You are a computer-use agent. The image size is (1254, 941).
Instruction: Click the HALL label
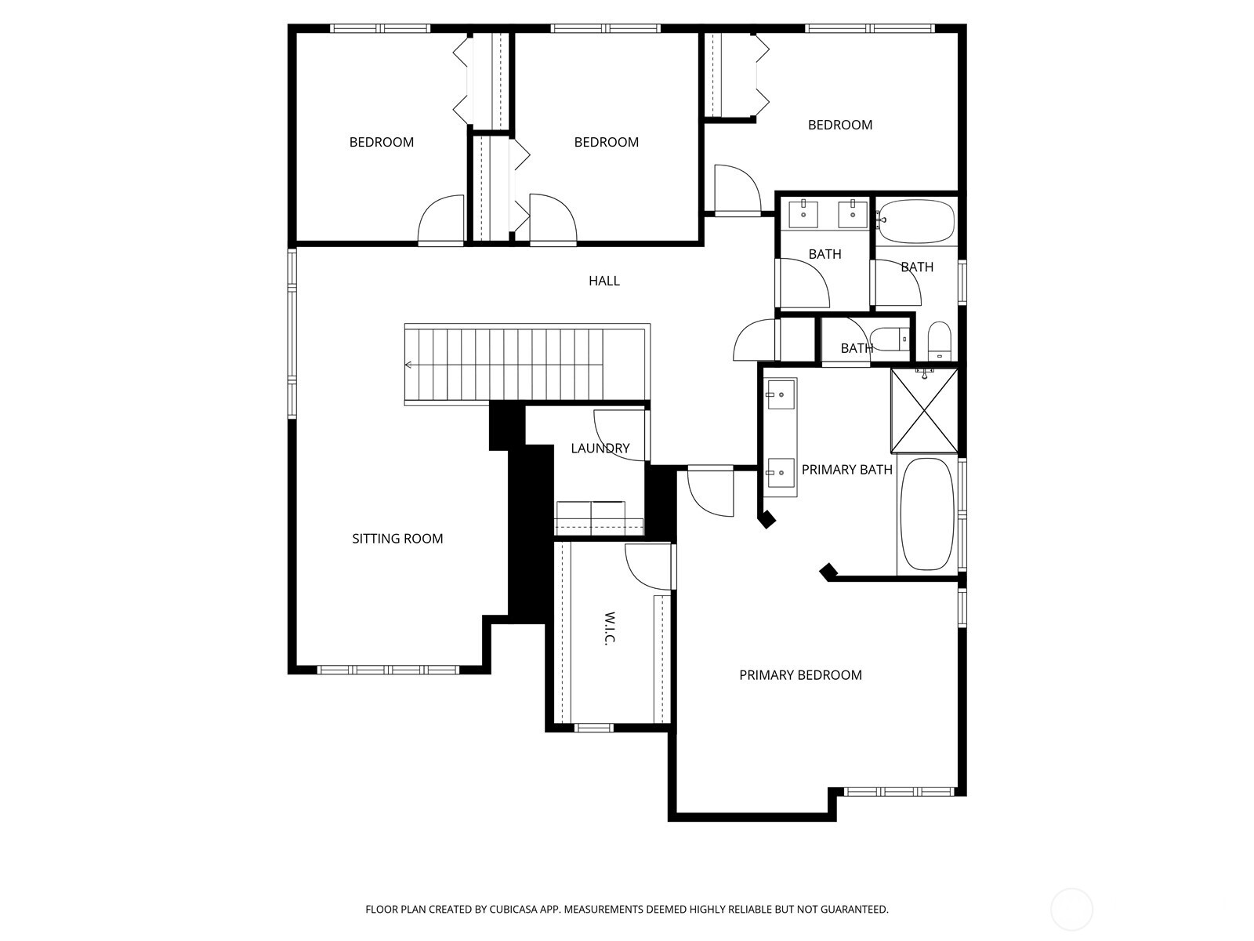point(603,281)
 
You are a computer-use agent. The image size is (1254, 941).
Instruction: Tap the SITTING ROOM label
point(397,539)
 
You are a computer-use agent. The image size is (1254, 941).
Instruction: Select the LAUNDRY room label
point(600,449)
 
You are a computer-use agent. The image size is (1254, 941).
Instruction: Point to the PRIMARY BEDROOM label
point(800,675)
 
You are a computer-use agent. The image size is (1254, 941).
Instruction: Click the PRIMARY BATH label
point(846,470)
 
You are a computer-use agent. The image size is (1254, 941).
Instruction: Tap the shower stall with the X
point(925,410)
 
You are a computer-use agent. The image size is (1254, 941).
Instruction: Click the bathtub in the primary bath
point(926,514)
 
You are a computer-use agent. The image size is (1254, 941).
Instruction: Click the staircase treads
point(509,365)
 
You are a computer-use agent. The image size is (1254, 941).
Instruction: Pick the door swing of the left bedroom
point(442,220)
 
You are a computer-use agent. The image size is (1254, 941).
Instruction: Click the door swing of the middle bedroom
point(552,220)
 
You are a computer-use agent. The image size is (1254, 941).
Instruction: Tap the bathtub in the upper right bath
point(915,220)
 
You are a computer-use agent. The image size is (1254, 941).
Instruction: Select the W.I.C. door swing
point(648,566)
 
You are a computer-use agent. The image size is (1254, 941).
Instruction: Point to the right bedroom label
point(839,125)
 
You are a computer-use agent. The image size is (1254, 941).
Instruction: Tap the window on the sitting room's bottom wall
point(390,670)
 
